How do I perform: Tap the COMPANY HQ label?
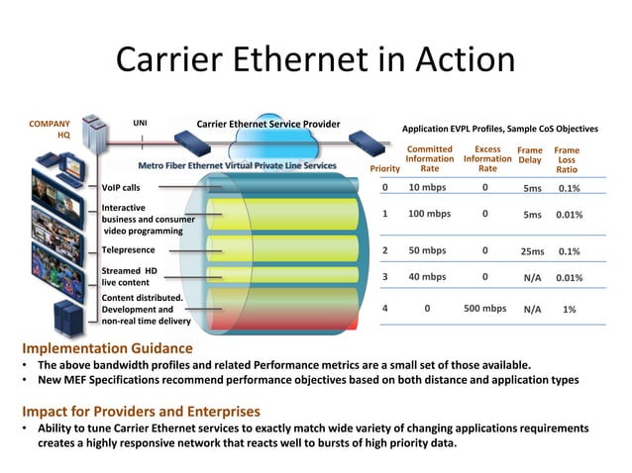(x=50, y=131)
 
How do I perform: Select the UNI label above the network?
(x=141, y=123)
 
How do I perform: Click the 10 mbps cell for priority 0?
(x=428, y=186)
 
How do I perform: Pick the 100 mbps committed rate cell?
(x=429, y=213)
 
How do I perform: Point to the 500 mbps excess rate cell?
(x=485, y=308)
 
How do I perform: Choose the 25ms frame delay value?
(x=532, y=251)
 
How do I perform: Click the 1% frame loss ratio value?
(x=570, y=308)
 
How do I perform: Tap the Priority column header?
(x=383, y=168)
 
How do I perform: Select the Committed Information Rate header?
(x=430, y=158)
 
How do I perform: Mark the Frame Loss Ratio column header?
(x=567, y=159)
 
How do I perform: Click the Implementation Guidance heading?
(x=107, y=348)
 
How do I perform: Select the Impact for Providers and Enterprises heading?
(x=141, y=411)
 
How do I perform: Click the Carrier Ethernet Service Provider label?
(x=268, y=124)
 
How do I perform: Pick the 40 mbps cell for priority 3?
(x=428, y=277)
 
